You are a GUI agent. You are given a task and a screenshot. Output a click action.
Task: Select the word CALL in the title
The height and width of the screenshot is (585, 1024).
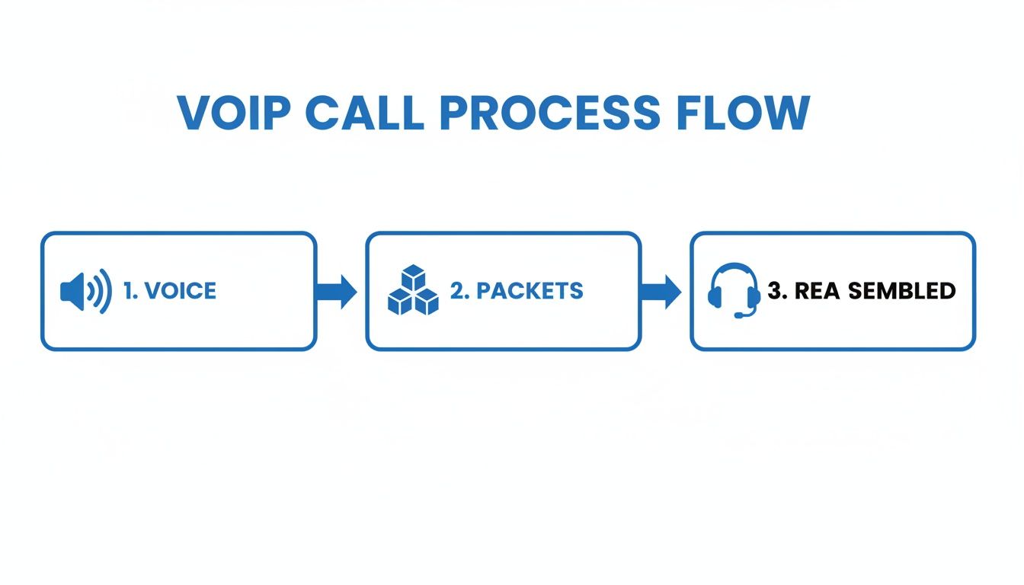tap(365, 113)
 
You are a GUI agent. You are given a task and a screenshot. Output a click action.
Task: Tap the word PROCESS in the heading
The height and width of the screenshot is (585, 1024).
tap(550, 113)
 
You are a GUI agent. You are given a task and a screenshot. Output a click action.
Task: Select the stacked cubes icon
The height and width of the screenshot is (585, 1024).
tap(413, 290)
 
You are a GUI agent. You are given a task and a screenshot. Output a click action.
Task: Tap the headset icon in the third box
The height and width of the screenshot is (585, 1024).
tap(734, 290)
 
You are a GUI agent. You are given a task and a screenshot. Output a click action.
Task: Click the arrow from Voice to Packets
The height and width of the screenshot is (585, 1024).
tap(336, 291)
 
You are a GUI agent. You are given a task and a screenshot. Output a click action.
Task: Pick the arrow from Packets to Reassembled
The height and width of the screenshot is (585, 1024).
tap(661, 291)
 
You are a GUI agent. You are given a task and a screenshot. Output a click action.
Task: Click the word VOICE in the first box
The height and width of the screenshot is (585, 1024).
tap(180, 291)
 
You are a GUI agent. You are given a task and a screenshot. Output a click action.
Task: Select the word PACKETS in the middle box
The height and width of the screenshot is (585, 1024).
tap(530, 291)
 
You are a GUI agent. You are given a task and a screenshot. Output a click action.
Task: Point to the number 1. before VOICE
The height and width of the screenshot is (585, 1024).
tap(130, 291)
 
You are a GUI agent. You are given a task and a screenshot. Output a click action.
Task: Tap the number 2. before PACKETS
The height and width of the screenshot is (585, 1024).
tap(459, 291)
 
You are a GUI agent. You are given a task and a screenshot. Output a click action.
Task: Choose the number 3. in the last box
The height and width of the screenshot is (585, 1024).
tap(777, 291)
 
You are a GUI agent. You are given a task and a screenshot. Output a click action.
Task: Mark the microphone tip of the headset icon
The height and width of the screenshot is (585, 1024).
tap(738, 315)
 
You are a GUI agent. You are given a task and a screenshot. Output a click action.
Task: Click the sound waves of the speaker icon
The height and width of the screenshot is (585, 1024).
tap(100, 291)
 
